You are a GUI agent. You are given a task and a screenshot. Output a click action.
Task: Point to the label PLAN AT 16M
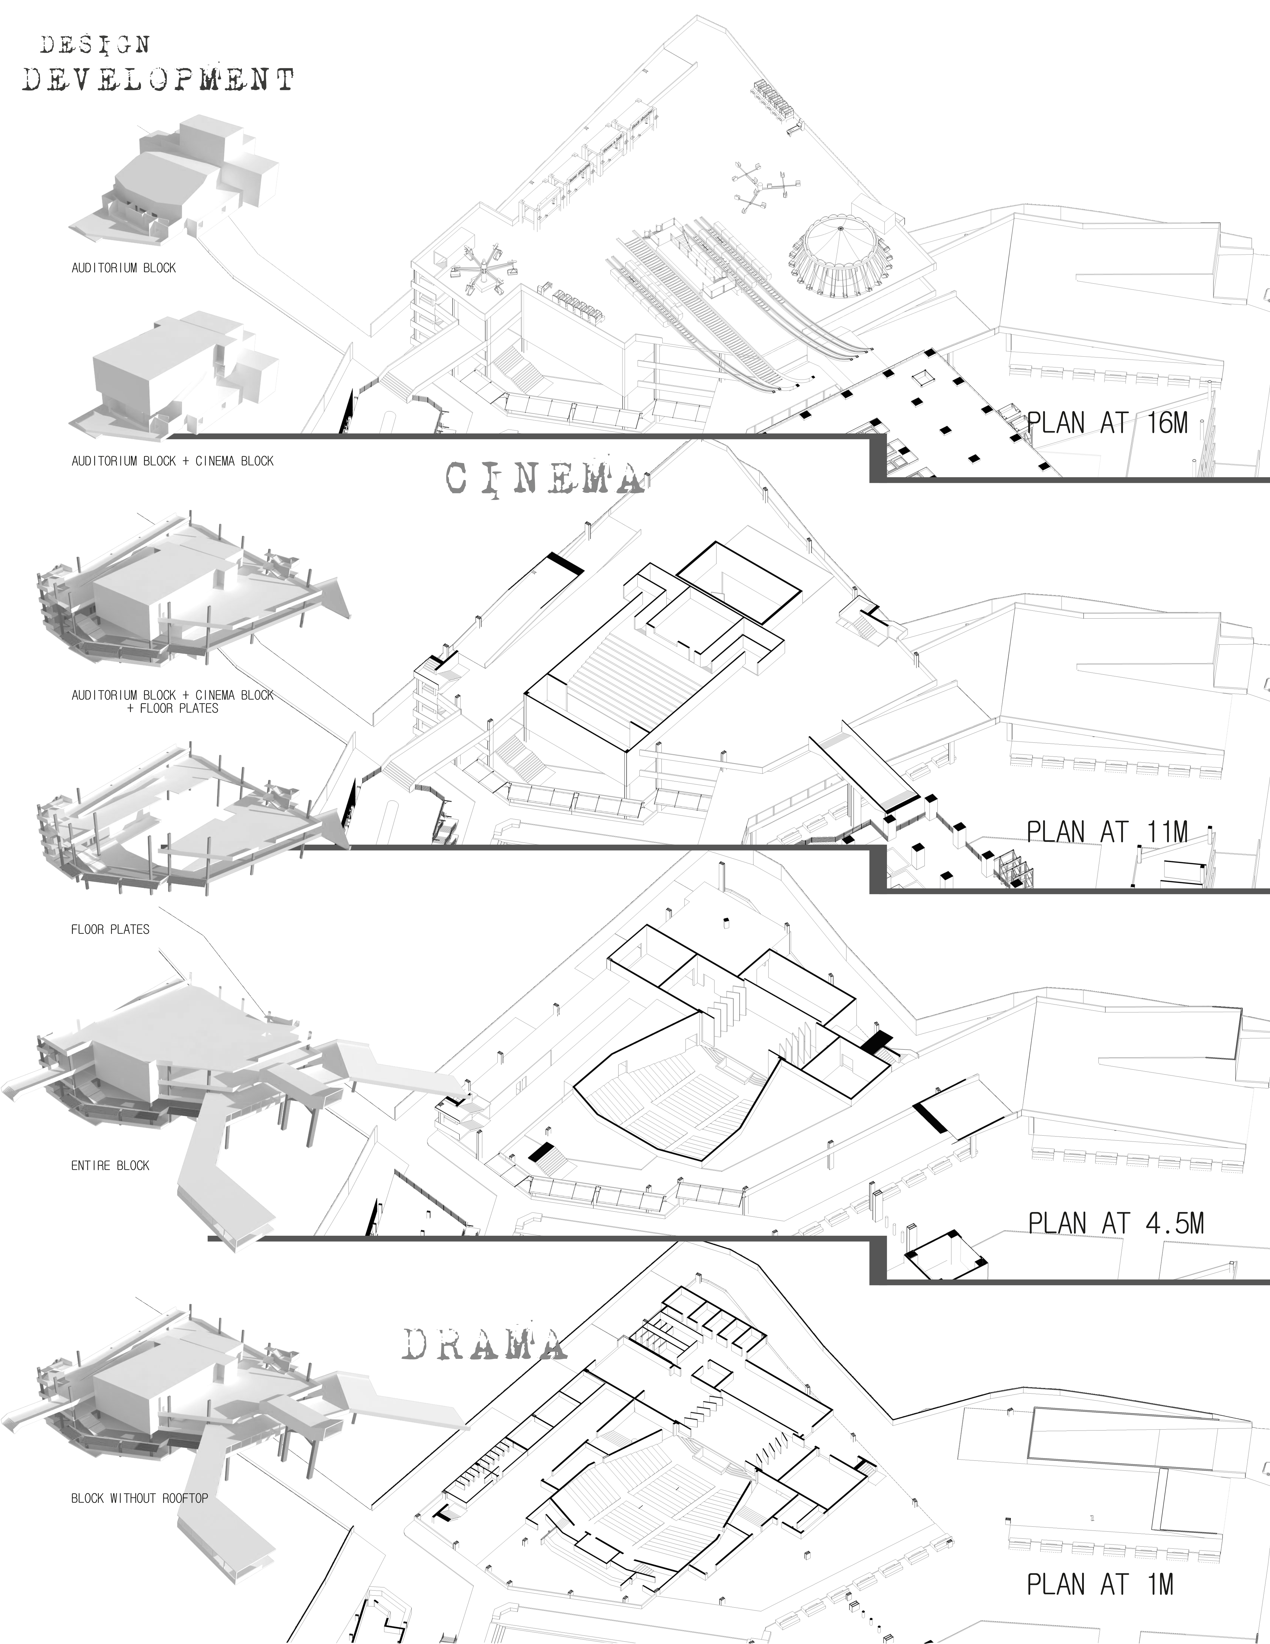tap(1107, 423)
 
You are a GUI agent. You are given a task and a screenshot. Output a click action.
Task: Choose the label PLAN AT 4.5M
tap(1116, 1223)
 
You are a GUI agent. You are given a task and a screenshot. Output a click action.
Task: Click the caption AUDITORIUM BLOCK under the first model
tap(124, 267)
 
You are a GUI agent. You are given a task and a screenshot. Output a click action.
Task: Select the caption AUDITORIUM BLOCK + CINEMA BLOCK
tap(172, 461)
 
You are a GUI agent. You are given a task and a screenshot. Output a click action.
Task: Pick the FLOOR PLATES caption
tap(110, 929)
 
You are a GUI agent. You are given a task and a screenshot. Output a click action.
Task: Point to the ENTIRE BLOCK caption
tap(110, 1165)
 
